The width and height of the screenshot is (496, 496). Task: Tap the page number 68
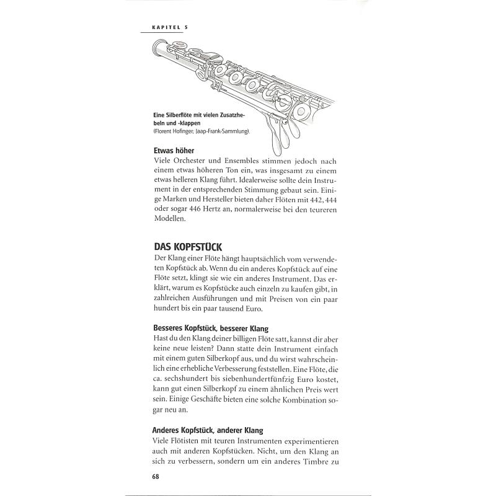[156, 476]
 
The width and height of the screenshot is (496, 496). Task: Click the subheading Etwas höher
[174, 151]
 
